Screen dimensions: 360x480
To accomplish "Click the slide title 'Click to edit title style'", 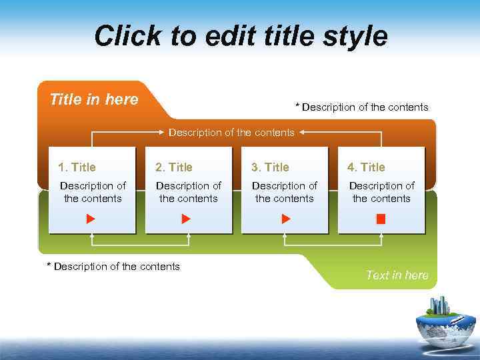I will [x=240, y=35].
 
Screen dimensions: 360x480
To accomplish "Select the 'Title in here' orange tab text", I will [x=94, y=100].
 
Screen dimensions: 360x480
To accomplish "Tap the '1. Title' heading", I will [x=77, y=167].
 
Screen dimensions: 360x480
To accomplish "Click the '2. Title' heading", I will [x=173, y=167].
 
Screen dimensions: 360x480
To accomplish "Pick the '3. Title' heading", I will [x=269, y=167].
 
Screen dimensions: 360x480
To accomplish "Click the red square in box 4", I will [x=381, y=219].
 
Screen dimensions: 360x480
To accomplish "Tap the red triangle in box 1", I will [x=91, y=219].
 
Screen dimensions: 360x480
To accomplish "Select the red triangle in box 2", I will [x=187, y=219].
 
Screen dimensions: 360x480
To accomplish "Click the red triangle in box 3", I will [x=286, y=219].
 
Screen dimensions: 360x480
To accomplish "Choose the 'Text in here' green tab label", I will [x=397, y=275].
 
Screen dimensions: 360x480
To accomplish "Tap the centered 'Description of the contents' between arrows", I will [x=231, y=133].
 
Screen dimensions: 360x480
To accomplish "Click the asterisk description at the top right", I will [x=362, y=107].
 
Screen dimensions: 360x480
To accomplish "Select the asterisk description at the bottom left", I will [x=113, y=267].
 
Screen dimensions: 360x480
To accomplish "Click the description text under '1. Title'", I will [x=93, y=192].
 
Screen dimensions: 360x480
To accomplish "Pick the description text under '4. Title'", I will [x=381, y=192].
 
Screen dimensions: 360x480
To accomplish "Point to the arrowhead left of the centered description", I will [x=162, y=133].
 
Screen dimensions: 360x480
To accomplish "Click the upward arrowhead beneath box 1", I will [x=93, y=237].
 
